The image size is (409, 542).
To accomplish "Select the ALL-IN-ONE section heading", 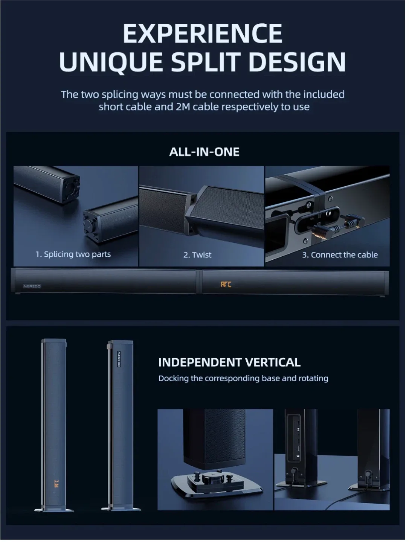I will coord(204,152).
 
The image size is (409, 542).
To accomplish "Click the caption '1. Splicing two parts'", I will coord(73,254).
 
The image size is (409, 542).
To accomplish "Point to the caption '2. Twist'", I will coord(197,255).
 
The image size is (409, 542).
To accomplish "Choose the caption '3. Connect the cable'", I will coord(340,255).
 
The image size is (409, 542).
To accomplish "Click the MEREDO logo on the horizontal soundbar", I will coord(32,286).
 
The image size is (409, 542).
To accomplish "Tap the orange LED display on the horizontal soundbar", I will coord(226,285).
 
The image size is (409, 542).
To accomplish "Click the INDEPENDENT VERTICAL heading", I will coord(229,362).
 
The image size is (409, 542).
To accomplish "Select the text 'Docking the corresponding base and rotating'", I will coord(243,378).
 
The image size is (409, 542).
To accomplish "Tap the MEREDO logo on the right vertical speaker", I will coord(119,359).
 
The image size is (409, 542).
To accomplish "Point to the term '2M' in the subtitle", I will coord(185,107).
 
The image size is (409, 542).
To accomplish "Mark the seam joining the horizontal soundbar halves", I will coord(199,281).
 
